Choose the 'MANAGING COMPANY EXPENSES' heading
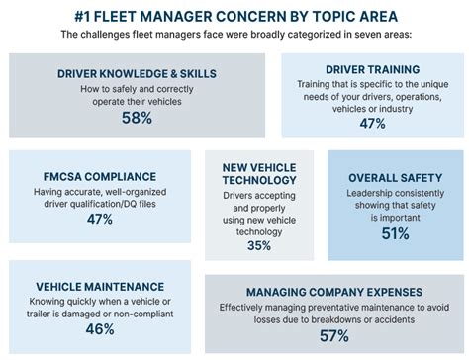(334, 292)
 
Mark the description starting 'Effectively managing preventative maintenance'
(334, 314)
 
